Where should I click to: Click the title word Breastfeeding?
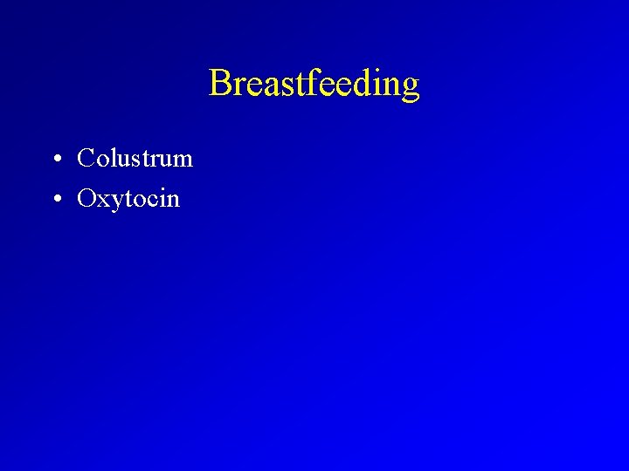tap(314, 84)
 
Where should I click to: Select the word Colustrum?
tap(135, 159)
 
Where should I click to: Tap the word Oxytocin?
tap(128, 199)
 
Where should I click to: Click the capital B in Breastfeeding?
tap(219, 84)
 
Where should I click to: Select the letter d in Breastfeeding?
tap(360, 84)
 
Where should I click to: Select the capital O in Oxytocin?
tap(86, 199)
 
